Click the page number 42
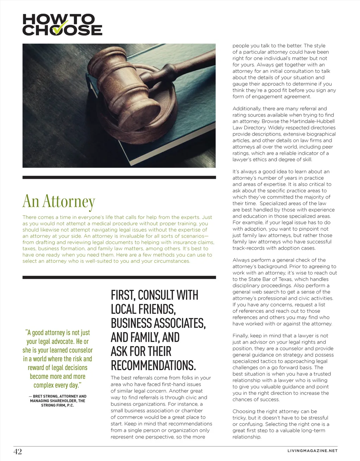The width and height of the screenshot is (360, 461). point(18,452)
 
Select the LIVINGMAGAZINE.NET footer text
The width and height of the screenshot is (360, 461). point(312,451)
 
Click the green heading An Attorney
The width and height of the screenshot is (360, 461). point(59,201)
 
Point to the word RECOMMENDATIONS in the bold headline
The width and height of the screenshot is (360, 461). point(153,366)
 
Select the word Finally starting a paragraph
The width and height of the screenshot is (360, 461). point(240,336)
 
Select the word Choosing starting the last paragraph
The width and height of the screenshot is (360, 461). point(244,411)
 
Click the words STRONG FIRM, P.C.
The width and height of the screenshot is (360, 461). point(58,405)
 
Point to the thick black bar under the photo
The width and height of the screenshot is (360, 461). point(119,177)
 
